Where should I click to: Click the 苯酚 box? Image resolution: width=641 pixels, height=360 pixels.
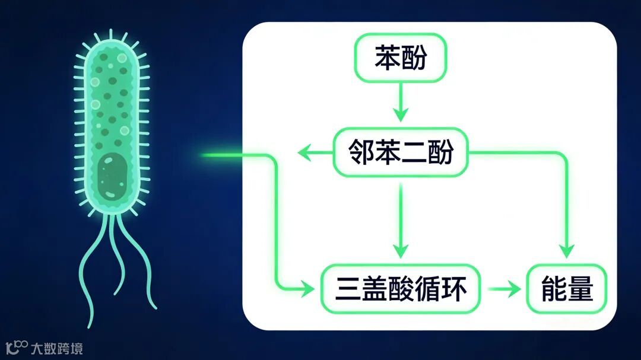click(400, 58)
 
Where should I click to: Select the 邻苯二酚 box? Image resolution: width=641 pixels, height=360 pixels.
click(400, 152)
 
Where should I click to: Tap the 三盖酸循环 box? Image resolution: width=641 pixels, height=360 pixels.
click(401, 289)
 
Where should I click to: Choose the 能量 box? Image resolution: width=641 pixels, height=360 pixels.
click(567, 289)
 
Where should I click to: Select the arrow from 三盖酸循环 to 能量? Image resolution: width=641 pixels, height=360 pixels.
click(504, 289)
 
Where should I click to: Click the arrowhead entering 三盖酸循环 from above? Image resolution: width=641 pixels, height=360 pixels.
click(401, 250)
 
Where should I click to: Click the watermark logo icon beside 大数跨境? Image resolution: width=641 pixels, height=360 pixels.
click(17, 347)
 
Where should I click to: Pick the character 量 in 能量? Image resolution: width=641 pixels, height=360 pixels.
click(580, 289)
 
